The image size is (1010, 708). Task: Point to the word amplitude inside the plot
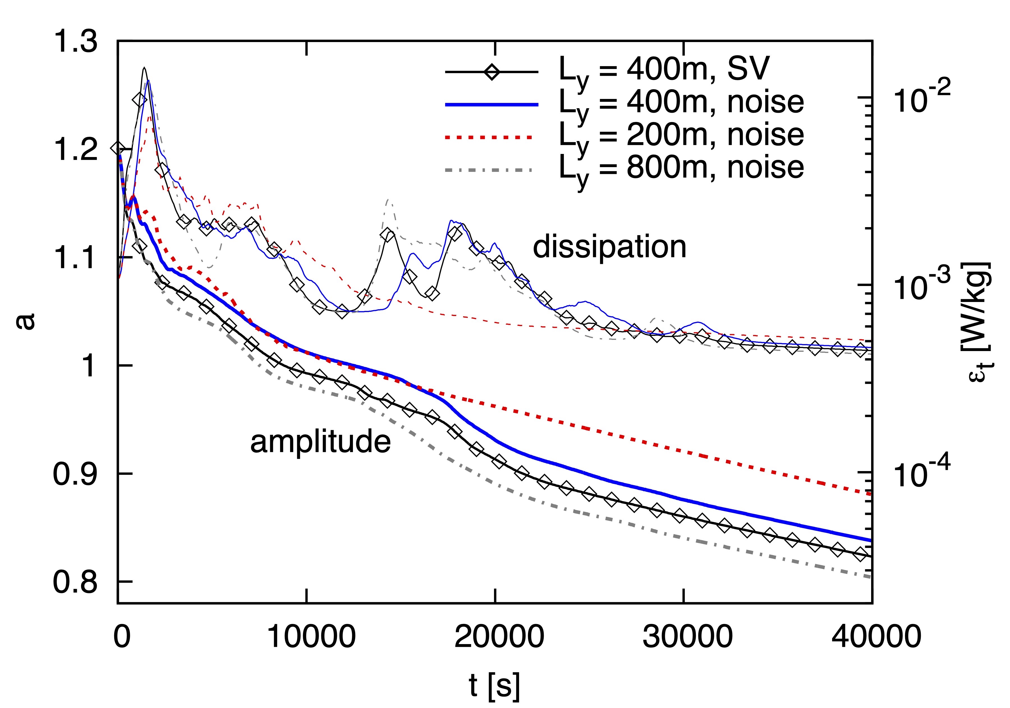pyautogui.click(x=320, y=442)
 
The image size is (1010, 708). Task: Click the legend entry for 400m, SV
pyautogui.click(x=664, y=70)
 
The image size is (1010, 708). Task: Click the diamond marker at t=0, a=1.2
pyautogui.click(x=118, y=148)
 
